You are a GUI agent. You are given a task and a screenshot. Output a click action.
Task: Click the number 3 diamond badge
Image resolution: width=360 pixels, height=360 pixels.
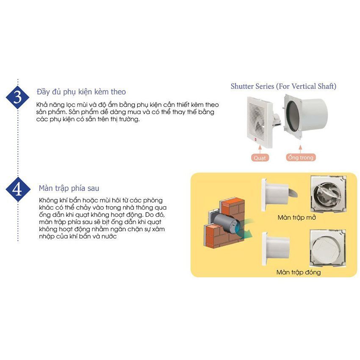tap(17, 97)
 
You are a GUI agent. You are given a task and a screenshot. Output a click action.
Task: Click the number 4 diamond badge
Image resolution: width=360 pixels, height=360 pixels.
tap(17, 189)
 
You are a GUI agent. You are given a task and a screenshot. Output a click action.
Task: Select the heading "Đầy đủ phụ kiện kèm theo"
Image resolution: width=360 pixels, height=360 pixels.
tap(81, 92)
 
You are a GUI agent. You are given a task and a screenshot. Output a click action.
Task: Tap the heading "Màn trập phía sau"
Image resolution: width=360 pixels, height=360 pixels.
tap(69, 188)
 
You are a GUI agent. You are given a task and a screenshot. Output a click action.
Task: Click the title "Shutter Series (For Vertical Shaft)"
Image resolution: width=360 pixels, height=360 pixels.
tap(283, 86)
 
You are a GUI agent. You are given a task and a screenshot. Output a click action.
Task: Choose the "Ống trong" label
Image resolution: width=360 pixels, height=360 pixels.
tap(300, 158)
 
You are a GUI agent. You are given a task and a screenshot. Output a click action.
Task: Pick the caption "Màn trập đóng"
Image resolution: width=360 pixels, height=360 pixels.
tap(299, 272)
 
